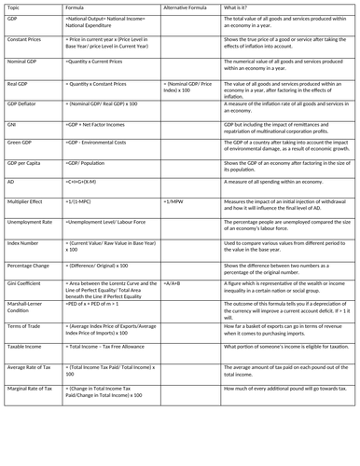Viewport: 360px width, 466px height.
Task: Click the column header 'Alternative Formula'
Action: [182, 7]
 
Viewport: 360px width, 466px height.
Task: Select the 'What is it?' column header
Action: [238, 7]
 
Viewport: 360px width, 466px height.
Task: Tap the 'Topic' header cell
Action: [13, 7]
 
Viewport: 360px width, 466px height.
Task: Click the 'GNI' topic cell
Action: [12, 123]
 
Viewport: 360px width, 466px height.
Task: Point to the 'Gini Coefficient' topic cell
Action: [26, 281]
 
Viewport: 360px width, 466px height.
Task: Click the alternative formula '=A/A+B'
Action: [173, 281]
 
